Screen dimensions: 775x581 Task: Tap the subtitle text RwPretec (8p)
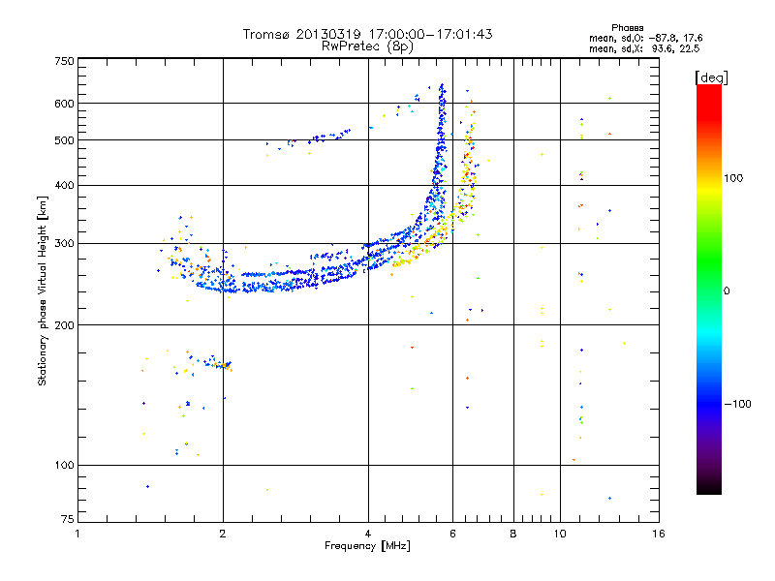pyautogui.click(x=367, y=46)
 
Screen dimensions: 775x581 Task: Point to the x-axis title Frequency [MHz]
pyautogui.click(x=367, y=545)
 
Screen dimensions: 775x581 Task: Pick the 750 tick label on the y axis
pyautogui.click(x=65, y=61)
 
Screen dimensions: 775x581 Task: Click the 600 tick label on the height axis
pyautogui.click(x=65, y=104)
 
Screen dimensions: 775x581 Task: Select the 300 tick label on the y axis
pyautogui.click(x=65, y=243)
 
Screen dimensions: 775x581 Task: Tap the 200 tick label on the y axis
pyautogui.click(x=65, y=325)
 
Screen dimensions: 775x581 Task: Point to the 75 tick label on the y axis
pyautogui.click(x=68, y=519)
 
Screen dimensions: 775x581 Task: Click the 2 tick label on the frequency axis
pyautogui.click(x=223, y=534)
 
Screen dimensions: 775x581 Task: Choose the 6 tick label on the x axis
pyautogui.click(x=452, y=534)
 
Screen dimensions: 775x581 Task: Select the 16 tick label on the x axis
pyautogui.click(x=659, y=534)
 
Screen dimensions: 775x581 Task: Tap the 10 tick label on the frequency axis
pyautogui.click(x=560, y=534)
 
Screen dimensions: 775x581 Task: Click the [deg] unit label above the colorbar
pyautogui.click(x=711, y=78)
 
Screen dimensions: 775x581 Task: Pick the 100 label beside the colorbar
pyautogui.click(x=733, y=178)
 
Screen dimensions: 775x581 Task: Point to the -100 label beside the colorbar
pyautogui.click(x=737, y=404)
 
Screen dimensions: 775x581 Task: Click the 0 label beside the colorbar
pyautogui.click(x=727, y=291)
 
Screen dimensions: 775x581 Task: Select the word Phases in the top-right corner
pyautogui.click(x=627, y=28)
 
